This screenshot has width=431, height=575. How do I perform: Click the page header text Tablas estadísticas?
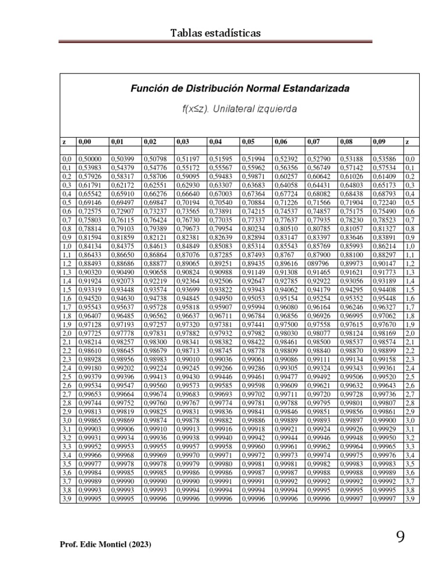point(215,34)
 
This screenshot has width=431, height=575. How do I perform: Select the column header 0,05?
point(247,142)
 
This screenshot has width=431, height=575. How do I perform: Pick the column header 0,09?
point(379,142)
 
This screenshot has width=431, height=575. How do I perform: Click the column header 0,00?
point(85,142)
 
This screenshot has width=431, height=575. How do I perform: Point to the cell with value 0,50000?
point(89,159)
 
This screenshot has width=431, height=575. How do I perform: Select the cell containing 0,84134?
point(89,246)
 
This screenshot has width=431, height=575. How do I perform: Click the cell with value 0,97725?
point(89,333)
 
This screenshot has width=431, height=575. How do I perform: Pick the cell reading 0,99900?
point(384,419)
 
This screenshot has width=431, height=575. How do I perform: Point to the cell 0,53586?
point(384,159)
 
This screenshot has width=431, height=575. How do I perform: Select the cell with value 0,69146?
point(89,203)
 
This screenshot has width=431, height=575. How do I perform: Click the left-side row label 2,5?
point(67,376)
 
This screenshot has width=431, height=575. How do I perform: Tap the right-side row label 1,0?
point(409,246)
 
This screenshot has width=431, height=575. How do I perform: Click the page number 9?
point(400,537)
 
